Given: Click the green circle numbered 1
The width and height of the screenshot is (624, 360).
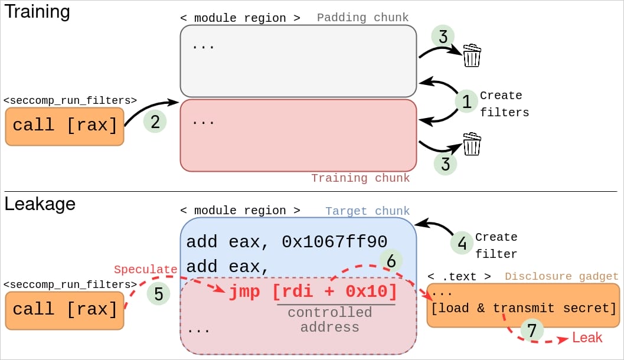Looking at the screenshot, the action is click(x=466, y=102).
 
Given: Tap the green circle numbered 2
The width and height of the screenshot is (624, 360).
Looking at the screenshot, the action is click(x=155, y=122).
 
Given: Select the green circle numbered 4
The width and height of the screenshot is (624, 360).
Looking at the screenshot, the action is click(x=462, y=242).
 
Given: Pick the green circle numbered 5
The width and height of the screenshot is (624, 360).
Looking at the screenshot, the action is click(x=158, y=293).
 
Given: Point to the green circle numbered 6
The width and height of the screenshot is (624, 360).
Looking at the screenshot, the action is click(x=391, y=261).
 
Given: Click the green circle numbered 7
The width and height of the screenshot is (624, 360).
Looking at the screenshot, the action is click(x=532, y=330).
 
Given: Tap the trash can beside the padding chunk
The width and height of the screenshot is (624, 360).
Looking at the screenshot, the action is click(x=472, y=55).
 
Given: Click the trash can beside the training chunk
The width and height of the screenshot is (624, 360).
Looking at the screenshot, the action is click(x=472, y=143).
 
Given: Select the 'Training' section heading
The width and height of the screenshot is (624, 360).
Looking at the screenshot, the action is click(x=37, y=12).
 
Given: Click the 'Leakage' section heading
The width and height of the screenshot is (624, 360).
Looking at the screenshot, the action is click(x=40, y=204).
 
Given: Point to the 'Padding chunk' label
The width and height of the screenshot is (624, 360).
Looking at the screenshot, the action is click(x=362, y=18).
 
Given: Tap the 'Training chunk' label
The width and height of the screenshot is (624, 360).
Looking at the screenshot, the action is click(x=360, y=178).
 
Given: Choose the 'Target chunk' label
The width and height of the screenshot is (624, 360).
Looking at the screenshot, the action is click(x=367, y=211).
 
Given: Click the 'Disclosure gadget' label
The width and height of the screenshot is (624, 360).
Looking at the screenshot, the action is click(x=561, y=276).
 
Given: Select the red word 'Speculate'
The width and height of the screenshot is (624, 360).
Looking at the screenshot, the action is click(x=145, y=269).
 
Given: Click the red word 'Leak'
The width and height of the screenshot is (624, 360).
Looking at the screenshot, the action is click(x=587, y=338).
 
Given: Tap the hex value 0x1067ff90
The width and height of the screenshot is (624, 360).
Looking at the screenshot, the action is click(x=334, y=242).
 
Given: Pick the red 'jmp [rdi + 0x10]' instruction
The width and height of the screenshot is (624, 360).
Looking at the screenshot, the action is click(x=313, y=292).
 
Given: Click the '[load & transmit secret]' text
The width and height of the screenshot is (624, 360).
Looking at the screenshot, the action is click(x=524, y=308).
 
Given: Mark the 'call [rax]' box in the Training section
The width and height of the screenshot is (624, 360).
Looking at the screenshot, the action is click(x=64, y=126).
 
